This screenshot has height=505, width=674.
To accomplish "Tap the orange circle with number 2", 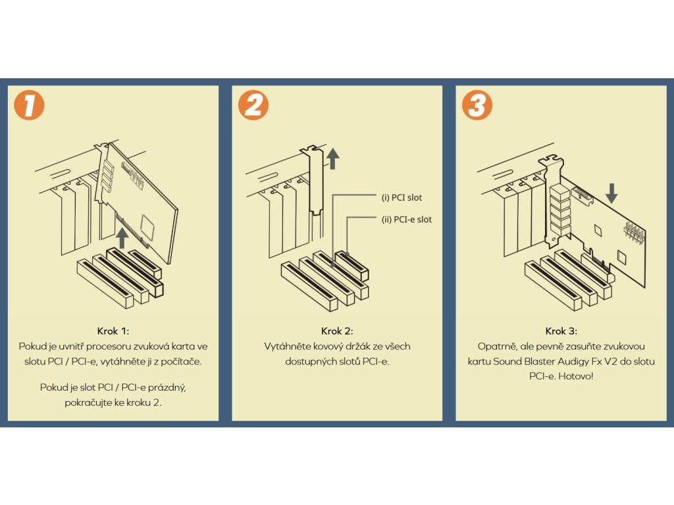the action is tap(253, 105).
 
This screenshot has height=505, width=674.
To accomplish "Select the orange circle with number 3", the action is tap(477, 105).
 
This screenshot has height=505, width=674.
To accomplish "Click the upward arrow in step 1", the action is tap(121, 237).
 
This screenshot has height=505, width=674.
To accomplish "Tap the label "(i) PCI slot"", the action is tap(402, 198).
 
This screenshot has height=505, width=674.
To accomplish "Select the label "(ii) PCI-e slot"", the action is tap(407, 220).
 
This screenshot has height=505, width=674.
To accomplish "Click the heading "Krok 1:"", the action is tap(113, 331).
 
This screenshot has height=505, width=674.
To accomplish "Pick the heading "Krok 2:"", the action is tap(337, 331).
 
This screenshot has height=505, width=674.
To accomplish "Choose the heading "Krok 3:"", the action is tap(561, 331).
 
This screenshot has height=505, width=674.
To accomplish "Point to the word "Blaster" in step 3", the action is tap(533, 361).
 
